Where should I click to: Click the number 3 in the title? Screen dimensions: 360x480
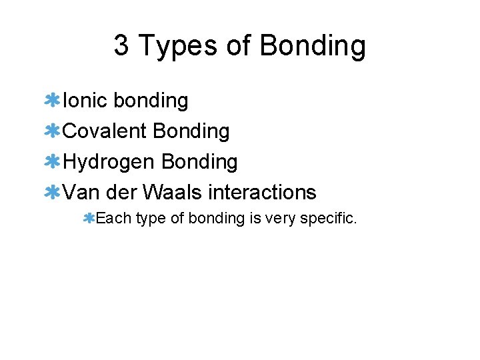click(121, 46)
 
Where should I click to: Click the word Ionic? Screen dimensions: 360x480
click(85, 101)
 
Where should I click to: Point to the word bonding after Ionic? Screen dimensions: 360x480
click(151, 101)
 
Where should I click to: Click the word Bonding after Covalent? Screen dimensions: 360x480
click(191, 131)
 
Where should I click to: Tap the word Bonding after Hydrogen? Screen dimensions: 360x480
click(199, 162)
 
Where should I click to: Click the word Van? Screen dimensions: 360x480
click(81, 193)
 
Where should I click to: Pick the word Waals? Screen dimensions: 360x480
click(173, 193)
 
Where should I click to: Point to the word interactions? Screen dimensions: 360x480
click(262, 193)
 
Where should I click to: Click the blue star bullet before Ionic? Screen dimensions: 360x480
click(52, 101)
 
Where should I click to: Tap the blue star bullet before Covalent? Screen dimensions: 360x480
click(52, 131)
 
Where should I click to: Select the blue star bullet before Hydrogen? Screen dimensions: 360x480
click(52, 162)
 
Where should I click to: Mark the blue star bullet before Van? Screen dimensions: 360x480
click(52, 193)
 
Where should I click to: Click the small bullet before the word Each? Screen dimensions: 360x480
click(89, 218)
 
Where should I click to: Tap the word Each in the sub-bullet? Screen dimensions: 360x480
click(113, 218)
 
